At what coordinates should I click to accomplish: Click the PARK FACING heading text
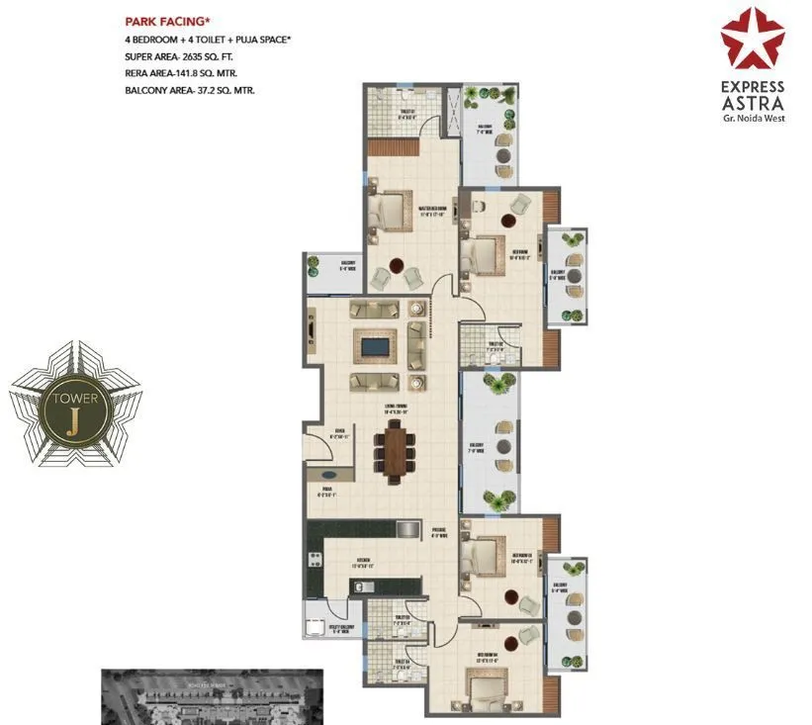tap(166, 20)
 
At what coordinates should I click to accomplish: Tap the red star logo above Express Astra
tap(752, 38)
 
